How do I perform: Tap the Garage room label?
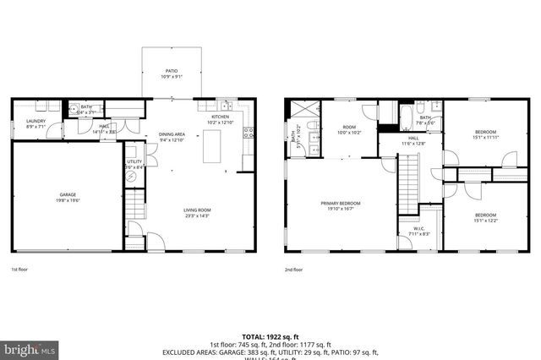tap(67, 197)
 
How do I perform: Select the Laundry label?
tap(36, 123)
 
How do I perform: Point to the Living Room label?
tap(198, 213)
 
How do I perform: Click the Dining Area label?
tap(172, 138)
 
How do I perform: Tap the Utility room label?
tap(134, 164)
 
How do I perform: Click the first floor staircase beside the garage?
tap(134, 206)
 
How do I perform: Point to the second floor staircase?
tap(408, 186)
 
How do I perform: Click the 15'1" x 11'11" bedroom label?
tap(485, 134)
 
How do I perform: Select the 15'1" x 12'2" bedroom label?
tap(485, 217)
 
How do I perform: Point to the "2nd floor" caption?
tap(293, 270)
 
